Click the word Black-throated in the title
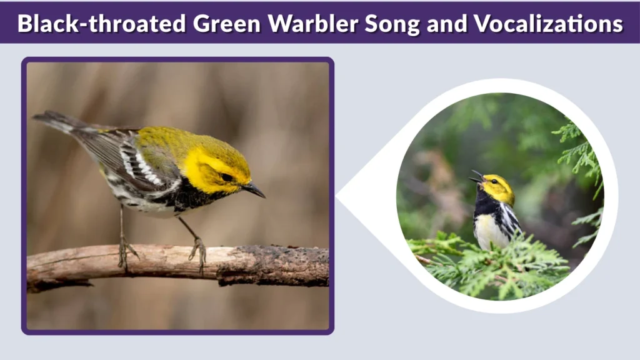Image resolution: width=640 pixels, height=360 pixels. pos(101,23)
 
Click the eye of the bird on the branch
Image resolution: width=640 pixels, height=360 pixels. pos(226,177)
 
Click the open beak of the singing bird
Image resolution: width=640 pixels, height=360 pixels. pos(477,177)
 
